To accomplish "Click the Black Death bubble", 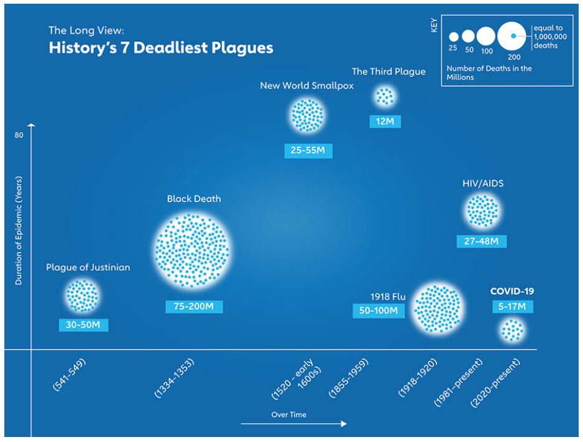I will [192, 251].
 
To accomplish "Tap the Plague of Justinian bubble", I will [82, 295].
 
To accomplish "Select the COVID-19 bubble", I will [512, 330].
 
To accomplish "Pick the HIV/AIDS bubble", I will [482, 211].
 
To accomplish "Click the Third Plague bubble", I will [385, 96].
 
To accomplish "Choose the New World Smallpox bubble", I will [307, 115].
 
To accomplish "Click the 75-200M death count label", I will [194, 306].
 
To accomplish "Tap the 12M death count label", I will [385, 121].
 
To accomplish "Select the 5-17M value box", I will [512, 306].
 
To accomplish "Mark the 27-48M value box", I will [481, 241].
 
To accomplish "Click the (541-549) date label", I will [69, 374].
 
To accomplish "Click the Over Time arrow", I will [293, 423].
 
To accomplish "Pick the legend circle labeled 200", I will [513, 37].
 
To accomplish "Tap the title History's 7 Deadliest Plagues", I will [161, 48].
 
